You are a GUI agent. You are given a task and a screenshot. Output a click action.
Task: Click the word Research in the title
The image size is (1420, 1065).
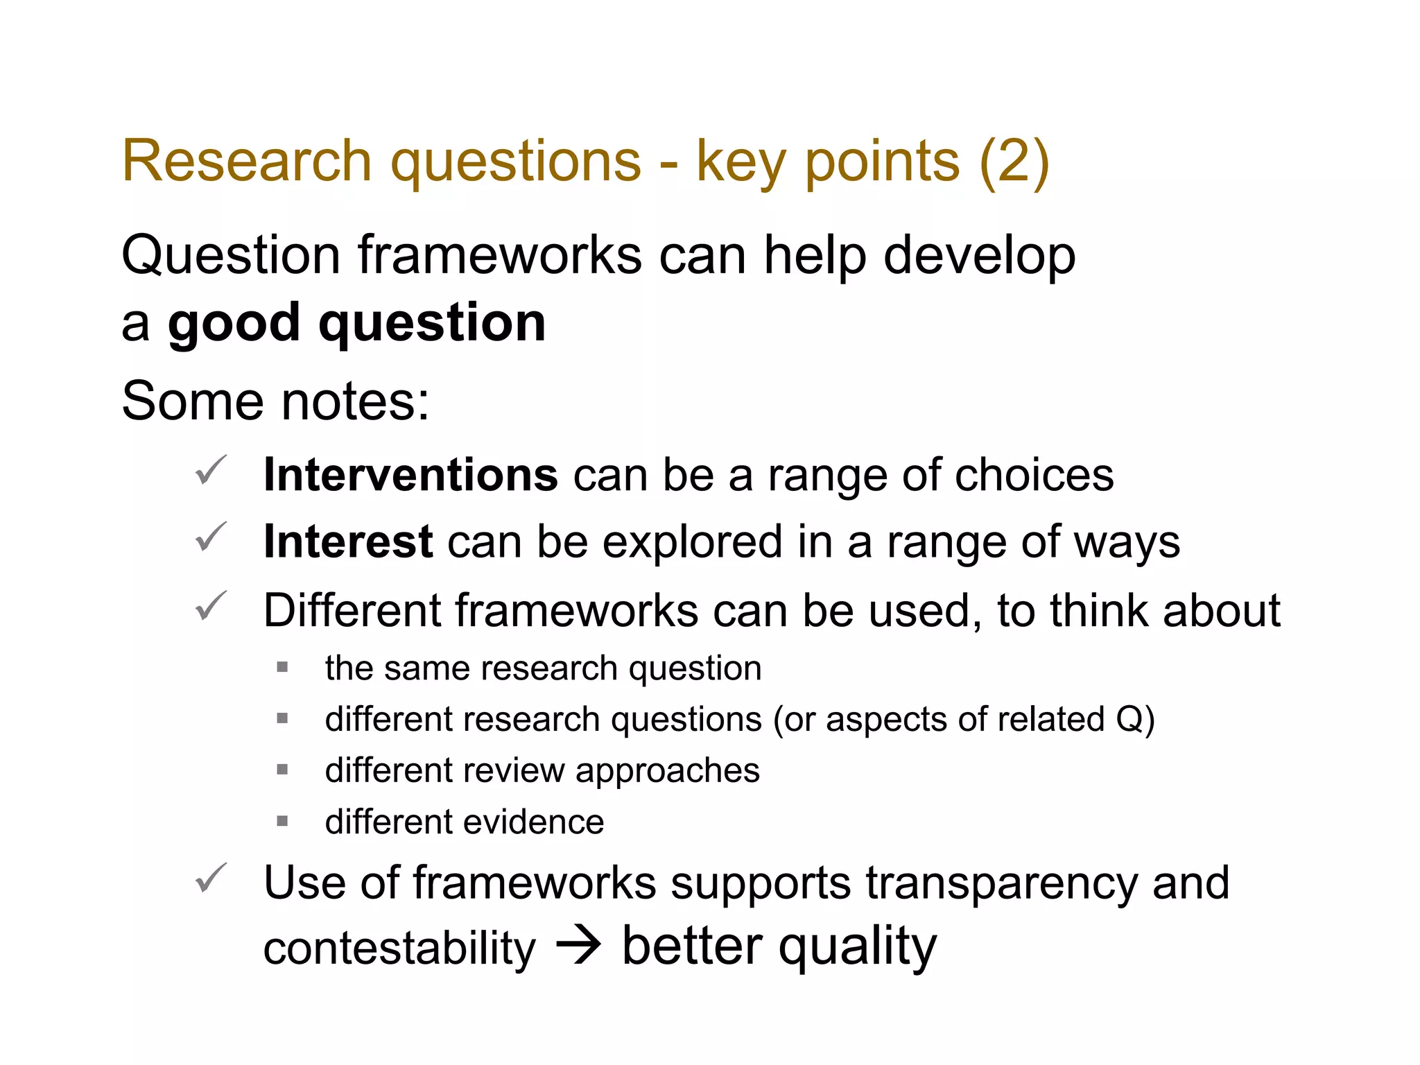247,161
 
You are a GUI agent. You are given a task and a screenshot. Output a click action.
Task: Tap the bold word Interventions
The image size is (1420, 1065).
410,475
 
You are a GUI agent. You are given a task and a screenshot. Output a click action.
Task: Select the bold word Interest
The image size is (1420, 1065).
348,542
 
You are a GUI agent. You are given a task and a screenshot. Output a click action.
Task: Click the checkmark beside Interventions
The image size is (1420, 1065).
210,471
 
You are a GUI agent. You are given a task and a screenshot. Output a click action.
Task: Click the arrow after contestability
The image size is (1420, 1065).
579,946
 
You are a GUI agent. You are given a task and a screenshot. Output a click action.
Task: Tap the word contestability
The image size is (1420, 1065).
399,949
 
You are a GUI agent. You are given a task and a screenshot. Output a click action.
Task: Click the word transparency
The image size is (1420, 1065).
1001,883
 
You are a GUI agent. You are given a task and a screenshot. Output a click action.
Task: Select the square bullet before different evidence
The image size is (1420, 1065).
282,822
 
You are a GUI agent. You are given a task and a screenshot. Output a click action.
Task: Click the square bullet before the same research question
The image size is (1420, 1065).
282,668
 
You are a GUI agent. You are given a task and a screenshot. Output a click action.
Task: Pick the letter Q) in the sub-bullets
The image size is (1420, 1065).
1135,719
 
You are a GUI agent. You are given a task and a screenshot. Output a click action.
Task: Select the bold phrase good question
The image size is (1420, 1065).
356,323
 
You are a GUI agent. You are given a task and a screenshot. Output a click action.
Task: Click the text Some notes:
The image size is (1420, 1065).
275,401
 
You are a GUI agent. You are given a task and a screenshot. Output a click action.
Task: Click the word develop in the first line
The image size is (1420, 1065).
979,256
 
